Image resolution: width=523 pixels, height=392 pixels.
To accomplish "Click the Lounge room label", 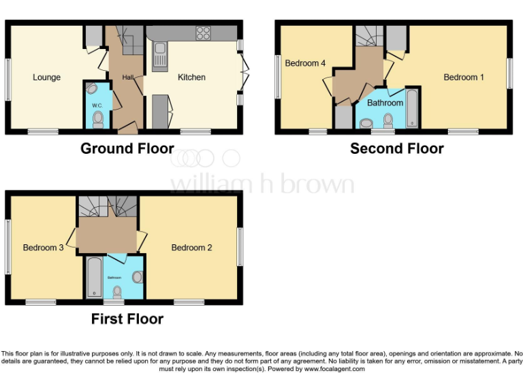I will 46,77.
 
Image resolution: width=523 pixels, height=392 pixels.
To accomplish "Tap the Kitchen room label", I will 191,77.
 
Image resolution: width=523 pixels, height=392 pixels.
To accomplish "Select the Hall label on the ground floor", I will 127,78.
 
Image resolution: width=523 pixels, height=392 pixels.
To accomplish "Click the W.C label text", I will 97,105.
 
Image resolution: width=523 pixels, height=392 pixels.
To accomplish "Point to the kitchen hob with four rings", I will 203,33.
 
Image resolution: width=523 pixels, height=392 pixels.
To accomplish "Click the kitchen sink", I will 161,54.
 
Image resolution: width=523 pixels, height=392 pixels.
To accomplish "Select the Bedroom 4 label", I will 305,63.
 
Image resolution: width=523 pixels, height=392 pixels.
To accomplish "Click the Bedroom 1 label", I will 464,77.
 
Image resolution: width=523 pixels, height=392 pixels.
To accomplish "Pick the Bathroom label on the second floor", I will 385,103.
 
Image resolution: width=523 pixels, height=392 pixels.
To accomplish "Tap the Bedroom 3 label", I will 43,248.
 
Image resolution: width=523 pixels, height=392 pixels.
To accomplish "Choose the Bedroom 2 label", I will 191,248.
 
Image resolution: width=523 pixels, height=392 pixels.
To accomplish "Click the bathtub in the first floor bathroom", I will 94,277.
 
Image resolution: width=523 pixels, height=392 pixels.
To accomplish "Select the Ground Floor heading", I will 127,148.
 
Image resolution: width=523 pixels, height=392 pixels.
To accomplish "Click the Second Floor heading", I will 396,148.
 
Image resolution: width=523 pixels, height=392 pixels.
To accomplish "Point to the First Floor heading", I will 127,318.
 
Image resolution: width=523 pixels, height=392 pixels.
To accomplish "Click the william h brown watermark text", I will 261,184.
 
